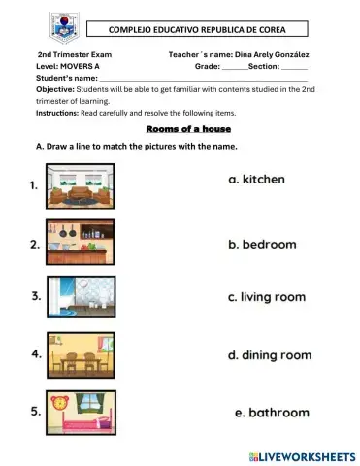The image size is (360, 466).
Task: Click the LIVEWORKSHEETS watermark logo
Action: (x=302, y=454)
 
